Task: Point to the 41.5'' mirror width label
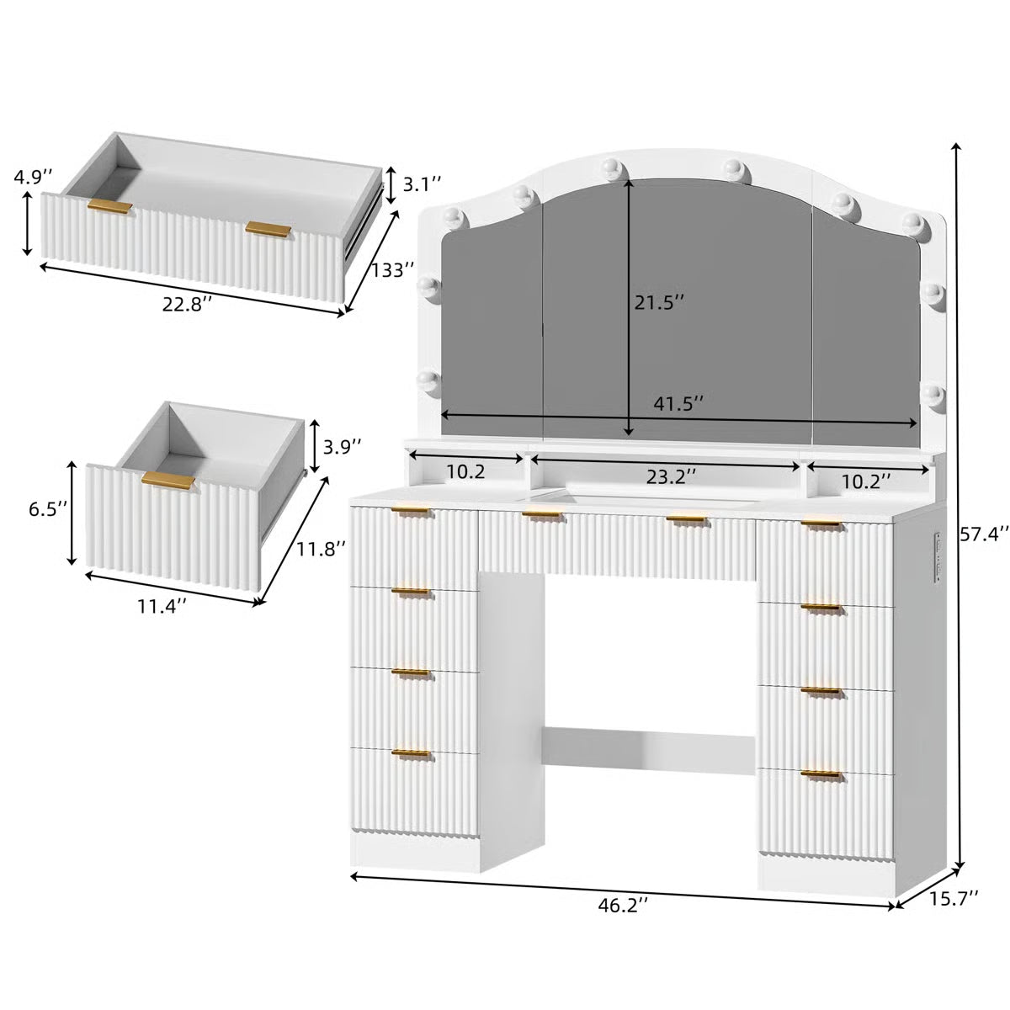click(x=678, y=403)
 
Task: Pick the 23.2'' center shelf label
click(x=672, y=476)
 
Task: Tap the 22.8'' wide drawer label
click(x=187, y=304)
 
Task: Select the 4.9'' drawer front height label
click(x=32, y=177)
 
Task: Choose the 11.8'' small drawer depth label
click(x=321, y=549)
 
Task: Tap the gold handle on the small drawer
click(x=167, y=479)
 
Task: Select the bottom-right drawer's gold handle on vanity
click(x=821, y=773)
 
